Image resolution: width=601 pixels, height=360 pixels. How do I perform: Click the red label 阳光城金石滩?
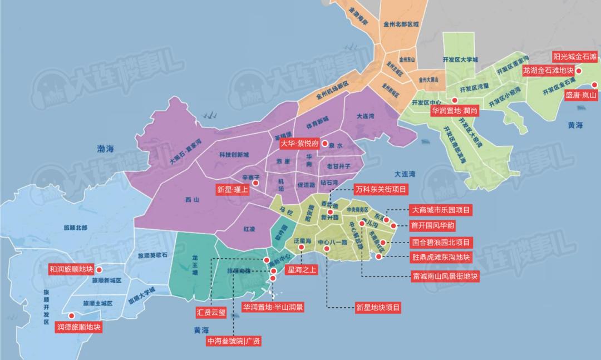574,57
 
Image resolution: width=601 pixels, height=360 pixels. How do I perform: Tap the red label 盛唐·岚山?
580,95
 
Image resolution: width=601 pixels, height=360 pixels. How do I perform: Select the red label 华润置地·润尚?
454,111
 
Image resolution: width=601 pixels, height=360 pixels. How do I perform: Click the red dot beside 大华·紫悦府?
325,142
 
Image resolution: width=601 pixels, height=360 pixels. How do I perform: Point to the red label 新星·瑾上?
233,189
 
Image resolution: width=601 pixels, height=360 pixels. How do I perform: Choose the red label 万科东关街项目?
381,189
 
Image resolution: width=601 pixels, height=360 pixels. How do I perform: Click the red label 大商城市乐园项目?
440,210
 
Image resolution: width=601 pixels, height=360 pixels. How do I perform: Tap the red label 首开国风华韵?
432,226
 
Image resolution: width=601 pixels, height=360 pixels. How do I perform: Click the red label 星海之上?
301,270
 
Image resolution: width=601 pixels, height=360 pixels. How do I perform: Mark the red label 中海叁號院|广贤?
233,341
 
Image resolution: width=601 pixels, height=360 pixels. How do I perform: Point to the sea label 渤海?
105,149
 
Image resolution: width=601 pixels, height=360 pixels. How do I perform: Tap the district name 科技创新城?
234,154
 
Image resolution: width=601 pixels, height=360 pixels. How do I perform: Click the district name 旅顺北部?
77,228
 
